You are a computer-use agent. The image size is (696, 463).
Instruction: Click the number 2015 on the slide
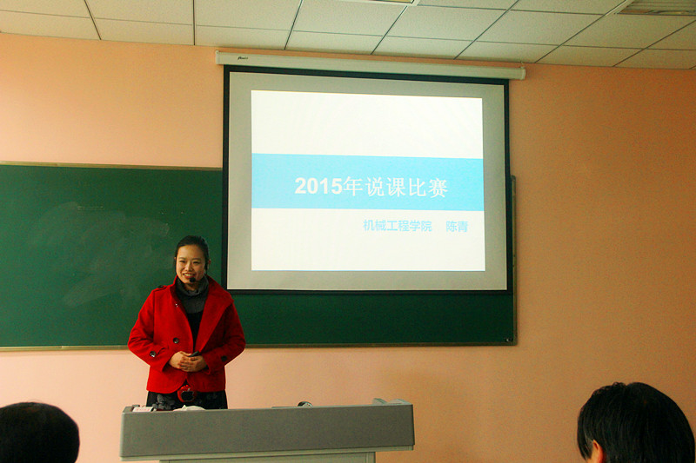click(318, 186)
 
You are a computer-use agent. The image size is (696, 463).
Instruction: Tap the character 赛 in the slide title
click(438, 188)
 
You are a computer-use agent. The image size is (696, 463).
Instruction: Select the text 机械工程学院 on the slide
click(398, 226)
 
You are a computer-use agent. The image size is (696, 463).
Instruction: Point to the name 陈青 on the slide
click(457, 227)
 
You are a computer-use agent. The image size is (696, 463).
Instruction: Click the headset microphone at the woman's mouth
click(192, 280)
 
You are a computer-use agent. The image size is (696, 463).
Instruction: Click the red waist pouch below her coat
click(187, 393)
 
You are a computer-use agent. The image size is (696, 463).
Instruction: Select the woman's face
click(191, 263)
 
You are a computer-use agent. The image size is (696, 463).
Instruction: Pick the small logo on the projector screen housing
click(243, 57)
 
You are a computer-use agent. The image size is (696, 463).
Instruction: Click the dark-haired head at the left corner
click(38, 433)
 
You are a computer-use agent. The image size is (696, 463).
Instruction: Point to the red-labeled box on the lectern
click(143, 408)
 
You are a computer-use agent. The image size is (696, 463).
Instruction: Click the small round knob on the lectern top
click(304, 404)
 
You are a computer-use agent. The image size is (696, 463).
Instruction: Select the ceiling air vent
click(657, 8)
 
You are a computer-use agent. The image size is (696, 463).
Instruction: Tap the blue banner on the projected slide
click(367, 182)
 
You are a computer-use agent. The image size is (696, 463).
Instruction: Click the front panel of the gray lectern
click(267, 432)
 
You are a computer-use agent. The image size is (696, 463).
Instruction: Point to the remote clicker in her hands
click(194, 354)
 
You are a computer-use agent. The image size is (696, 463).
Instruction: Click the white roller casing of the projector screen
click(371, 65)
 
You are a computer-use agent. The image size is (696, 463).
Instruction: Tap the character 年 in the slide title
click(353, 187)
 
